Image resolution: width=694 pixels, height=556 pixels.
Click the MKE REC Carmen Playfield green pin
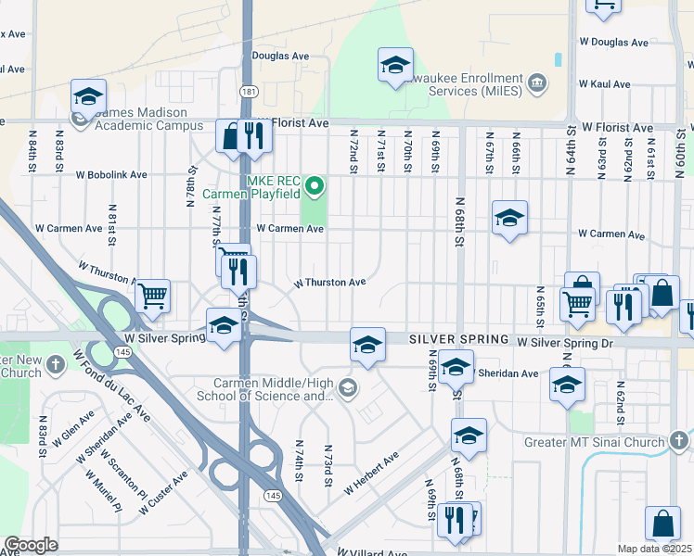(x=314, y=187)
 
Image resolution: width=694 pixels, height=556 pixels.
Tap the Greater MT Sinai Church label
(x=594, y=442)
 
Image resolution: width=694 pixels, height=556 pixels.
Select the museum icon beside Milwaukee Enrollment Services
(x=536, y=84)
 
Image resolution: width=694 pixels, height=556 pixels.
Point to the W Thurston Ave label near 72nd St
(x=329, y=282)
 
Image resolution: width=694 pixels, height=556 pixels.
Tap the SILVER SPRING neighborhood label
(x=459, y=340)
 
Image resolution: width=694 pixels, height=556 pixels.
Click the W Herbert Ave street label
(x=371, y=472)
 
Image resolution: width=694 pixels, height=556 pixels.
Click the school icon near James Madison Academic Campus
(x=88, y=96)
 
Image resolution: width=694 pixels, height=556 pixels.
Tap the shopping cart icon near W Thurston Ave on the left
(x=152, y=297)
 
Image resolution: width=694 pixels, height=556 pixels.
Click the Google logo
(x=31, y=545)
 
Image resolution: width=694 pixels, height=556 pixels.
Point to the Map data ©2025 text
(x=655, y=548)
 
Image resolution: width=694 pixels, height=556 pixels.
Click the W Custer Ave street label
(x=167, y=487)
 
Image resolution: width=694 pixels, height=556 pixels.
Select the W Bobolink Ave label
(x=111, y=174)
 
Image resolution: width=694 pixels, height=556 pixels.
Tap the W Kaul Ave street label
(x=604, y=83)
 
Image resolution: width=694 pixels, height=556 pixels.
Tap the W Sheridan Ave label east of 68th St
(x=506, y=373)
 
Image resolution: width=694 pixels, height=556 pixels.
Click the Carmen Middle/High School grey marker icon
(x=348, y=386)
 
